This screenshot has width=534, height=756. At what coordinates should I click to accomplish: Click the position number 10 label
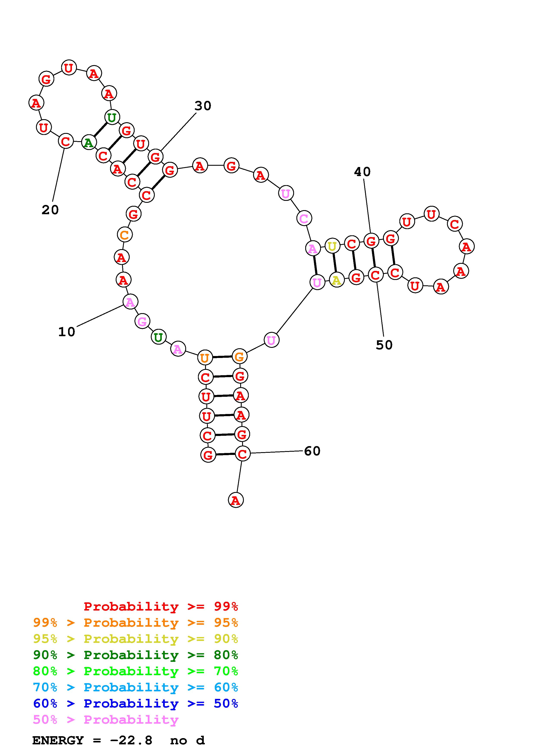pos(67,332)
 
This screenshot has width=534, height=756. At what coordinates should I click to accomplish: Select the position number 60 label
pos(312,451)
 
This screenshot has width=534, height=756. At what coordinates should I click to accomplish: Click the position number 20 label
pos(50,210)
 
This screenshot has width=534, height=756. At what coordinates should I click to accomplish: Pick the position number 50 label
pos(384,345)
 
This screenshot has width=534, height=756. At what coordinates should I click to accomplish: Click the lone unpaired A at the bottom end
pos(236,500)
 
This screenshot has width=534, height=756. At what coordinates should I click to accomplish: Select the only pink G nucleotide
pos(142,321)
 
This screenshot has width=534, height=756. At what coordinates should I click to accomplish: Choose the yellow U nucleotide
pos(332,246)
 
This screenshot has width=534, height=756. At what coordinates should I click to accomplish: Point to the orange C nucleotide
pos(125,235)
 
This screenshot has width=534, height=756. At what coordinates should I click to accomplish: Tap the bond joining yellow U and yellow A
pos(334,263)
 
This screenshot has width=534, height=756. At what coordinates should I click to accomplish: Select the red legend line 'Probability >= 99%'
pos(161,606)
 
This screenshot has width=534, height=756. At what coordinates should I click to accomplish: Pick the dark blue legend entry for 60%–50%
pos(135,703)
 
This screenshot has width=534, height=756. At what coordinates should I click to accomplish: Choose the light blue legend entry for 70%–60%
pos(135,687)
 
